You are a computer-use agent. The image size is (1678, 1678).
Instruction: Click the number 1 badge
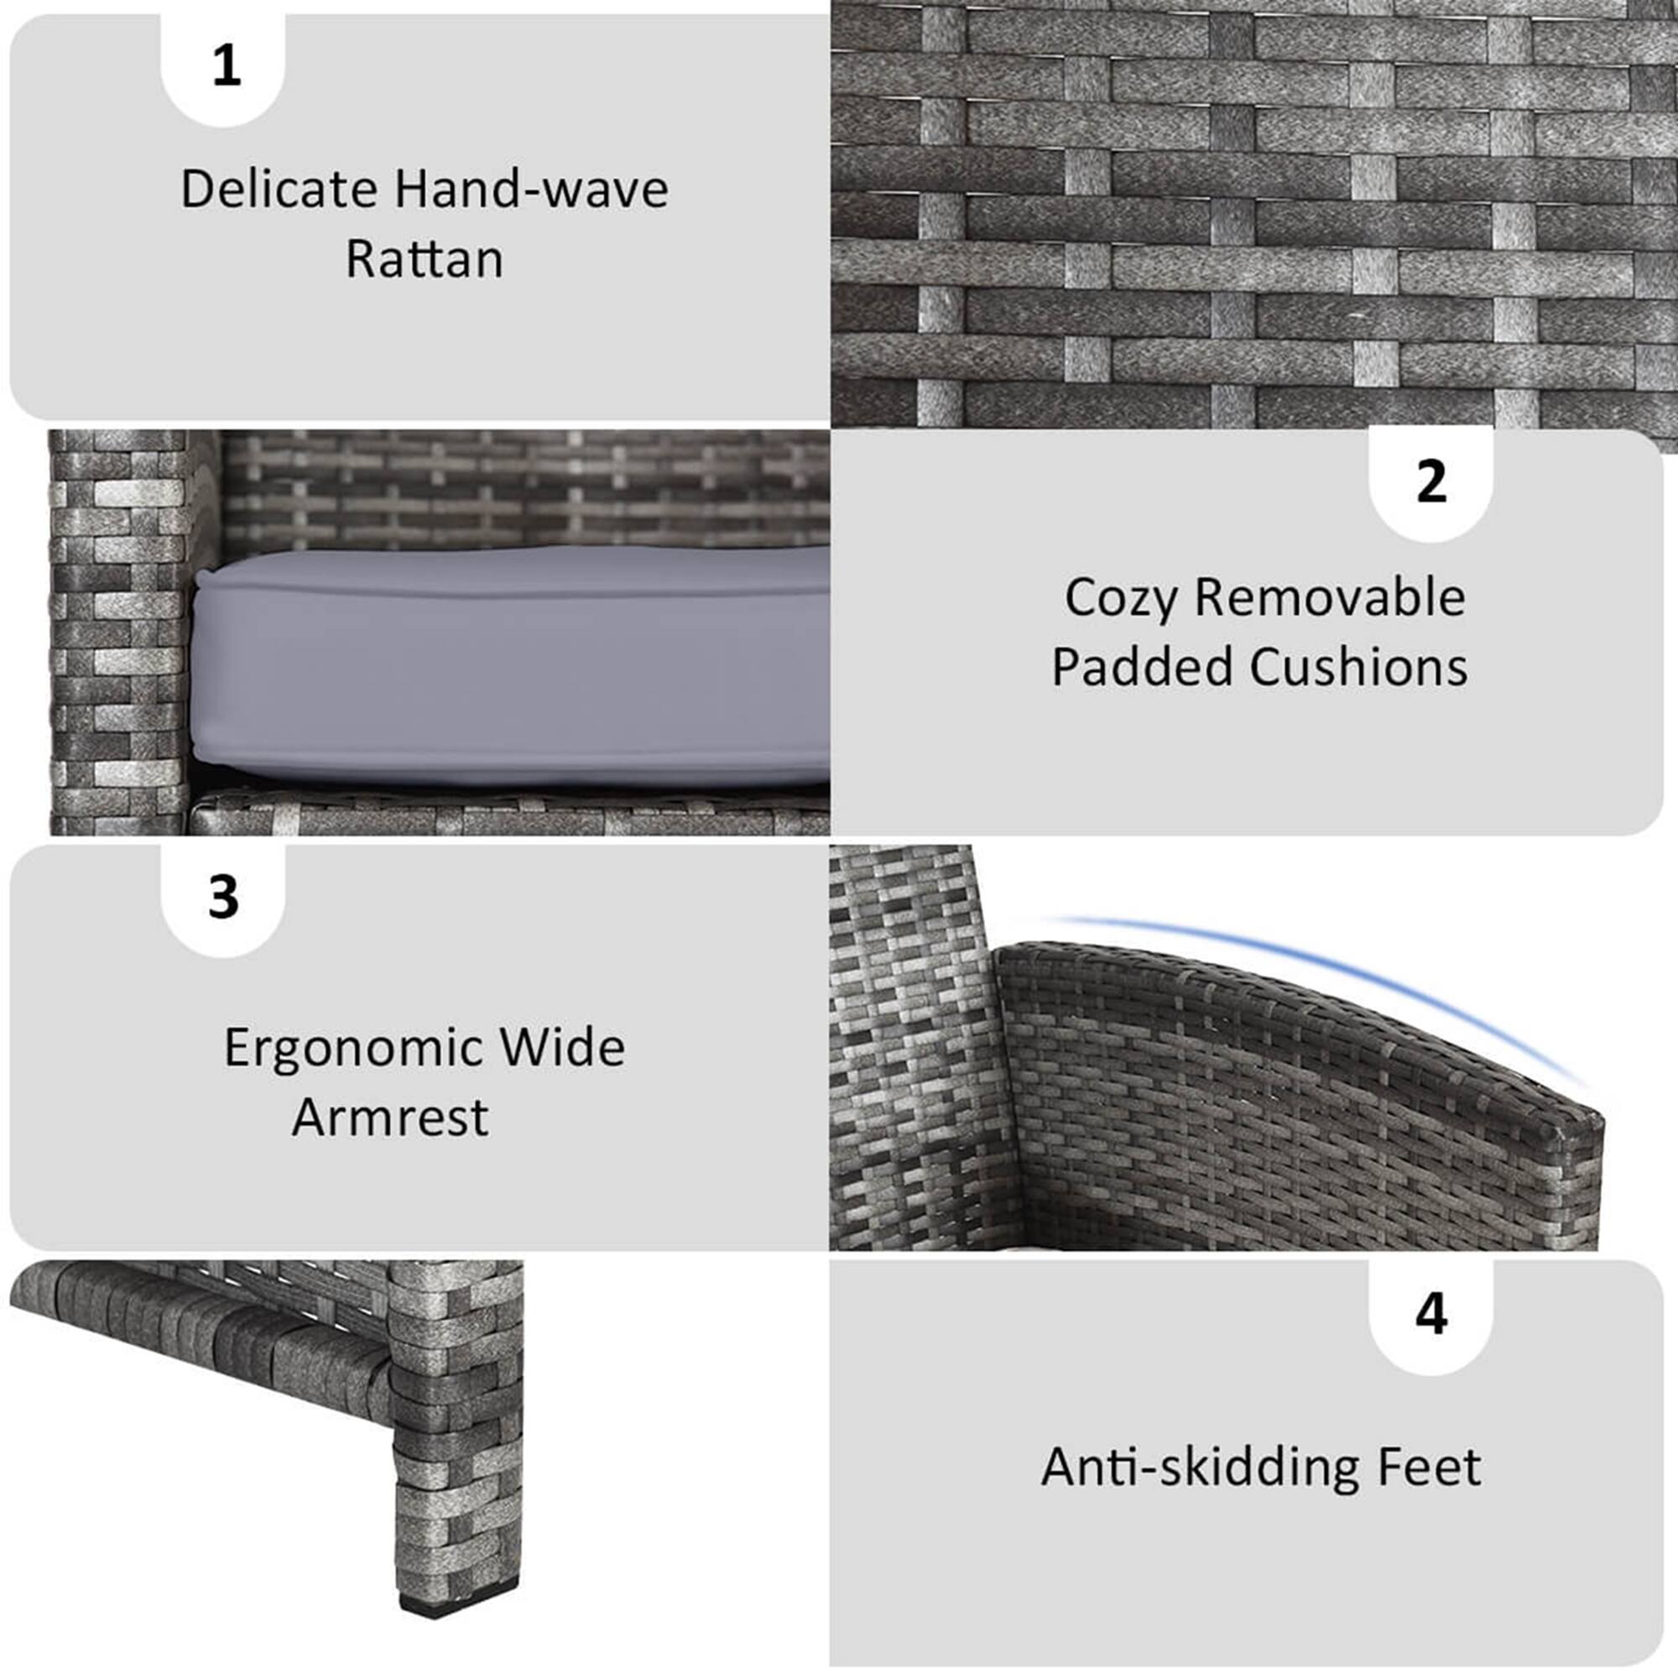point(226,66)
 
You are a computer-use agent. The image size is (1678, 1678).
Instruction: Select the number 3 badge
point(223,897)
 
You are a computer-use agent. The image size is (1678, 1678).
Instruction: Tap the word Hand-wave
point(532,190)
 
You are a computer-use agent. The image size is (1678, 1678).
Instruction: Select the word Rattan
point(424,258)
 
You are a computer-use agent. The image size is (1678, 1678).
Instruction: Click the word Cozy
point(1120,598)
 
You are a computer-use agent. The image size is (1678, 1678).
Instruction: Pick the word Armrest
point(390,1117)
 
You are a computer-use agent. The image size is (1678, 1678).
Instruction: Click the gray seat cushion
point(513,669)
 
